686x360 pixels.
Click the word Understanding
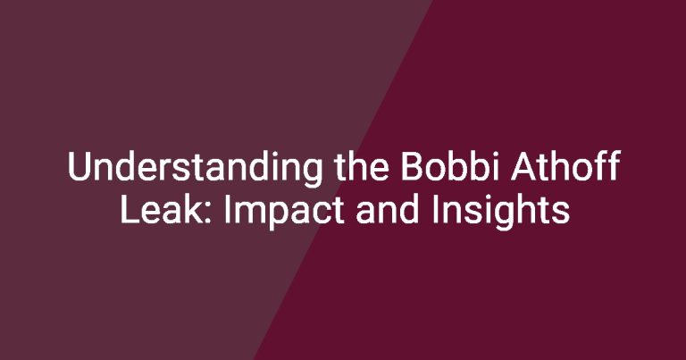[195, 168]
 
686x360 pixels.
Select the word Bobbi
[450, 166]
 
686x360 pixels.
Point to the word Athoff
[565, 166]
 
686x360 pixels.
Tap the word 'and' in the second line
[387, 209]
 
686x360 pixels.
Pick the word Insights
[500, 212]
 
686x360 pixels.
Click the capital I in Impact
[226, 210]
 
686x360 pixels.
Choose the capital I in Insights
[434, 210]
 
